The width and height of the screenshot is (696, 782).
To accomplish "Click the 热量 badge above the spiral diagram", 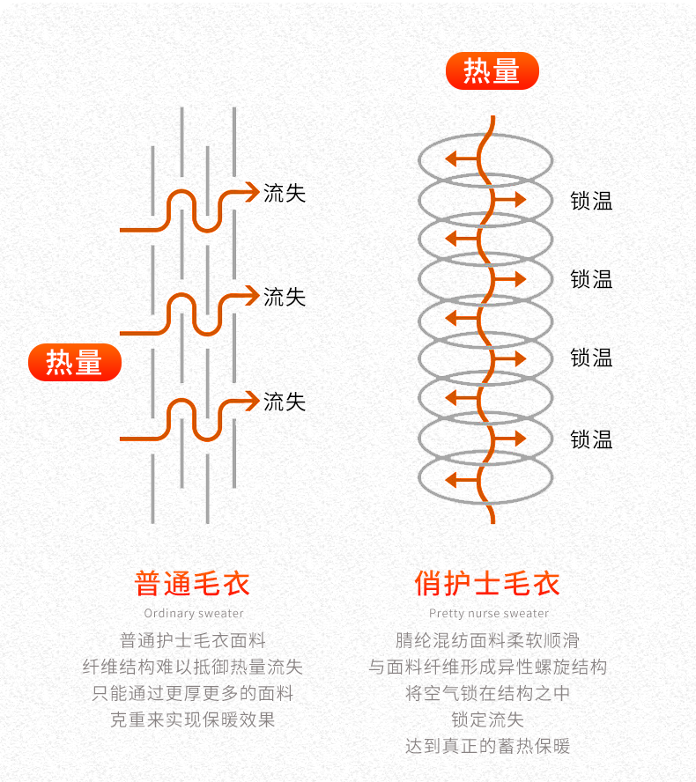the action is [492, 70].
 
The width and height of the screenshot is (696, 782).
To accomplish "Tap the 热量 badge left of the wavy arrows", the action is [75, 362].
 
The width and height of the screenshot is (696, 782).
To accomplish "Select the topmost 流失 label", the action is [285, 193].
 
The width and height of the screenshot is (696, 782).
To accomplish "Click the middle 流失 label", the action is [285, 298].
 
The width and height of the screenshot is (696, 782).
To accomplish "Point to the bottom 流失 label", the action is [285, 402].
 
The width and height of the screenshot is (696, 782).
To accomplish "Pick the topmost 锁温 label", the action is [591, 201].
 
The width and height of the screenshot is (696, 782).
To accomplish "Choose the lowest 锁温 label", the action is [591, 439].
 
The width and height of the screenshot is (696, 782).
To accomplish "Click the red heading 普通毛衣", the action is [192, 583].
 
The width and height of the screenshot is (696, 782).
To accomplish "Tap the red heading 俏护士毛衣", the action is [487, 583].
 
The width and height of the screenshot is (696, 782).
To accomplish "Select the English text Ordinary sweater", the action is [194, 614].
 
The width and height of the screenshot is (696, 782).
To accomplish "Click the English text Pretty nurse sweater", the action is [489, 614].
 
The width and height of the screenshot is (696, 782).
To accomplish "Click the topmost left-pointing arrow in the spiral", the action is [462, 159].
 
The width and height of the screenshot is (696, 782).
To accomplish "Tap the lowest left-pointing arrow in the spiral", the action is [462, 480].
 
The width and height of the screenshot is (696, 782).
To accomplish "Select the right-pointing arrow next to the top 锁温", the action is [509, 200].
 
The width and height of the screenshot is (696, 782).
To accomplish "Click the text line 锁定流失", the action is [487, 719].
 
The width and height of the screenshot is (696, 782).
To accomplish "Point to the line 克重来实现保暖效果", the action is [193, 719].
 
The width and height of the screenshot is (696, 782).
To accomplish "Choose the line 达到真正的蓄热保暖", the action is [487, 746].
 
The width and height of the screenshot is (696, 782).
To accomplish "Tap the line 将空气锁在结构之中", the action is [487, 693].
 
